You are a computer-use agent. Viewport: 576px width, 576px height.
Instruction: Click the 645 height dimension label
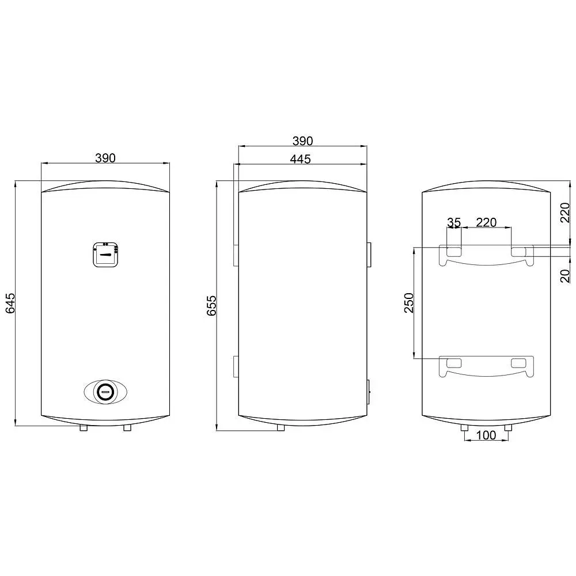pyautogui.click(x=10, y=303)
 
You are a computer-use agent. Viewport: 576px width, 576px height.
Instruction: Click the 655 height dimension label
pyautogui.click(x=211, y=306)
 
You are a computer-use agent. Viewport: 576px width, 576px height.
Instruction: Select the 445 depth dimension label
pyautogui.click(x=300, y=159)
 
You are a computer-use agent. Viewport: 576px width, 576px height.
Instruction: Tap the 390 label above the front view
pyautogui.click(x=105, y=158)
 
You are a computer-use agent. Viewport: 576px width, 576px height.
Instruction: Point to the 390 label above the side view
pyautogui.click(x=303, y=141)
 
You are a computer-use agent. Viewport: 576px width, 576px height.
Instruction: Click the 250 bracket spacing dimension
pyautogui.click(x=409, y=303)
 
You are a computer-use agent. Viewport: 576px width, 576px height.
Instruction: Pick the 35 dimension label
pyautogui.click(x=454, y=222)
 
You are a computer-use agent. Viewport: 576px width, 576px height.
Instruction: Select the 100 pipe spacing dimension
pyautogui.click(x=486, y=435)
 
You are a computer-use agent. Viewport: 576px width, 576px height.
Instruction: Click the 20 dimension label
pyautogui.click(x=565, y=276)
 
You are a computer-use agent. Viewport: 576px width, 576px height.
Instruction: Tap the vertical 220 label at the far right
pyautogui.click(x=565, y=213)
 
